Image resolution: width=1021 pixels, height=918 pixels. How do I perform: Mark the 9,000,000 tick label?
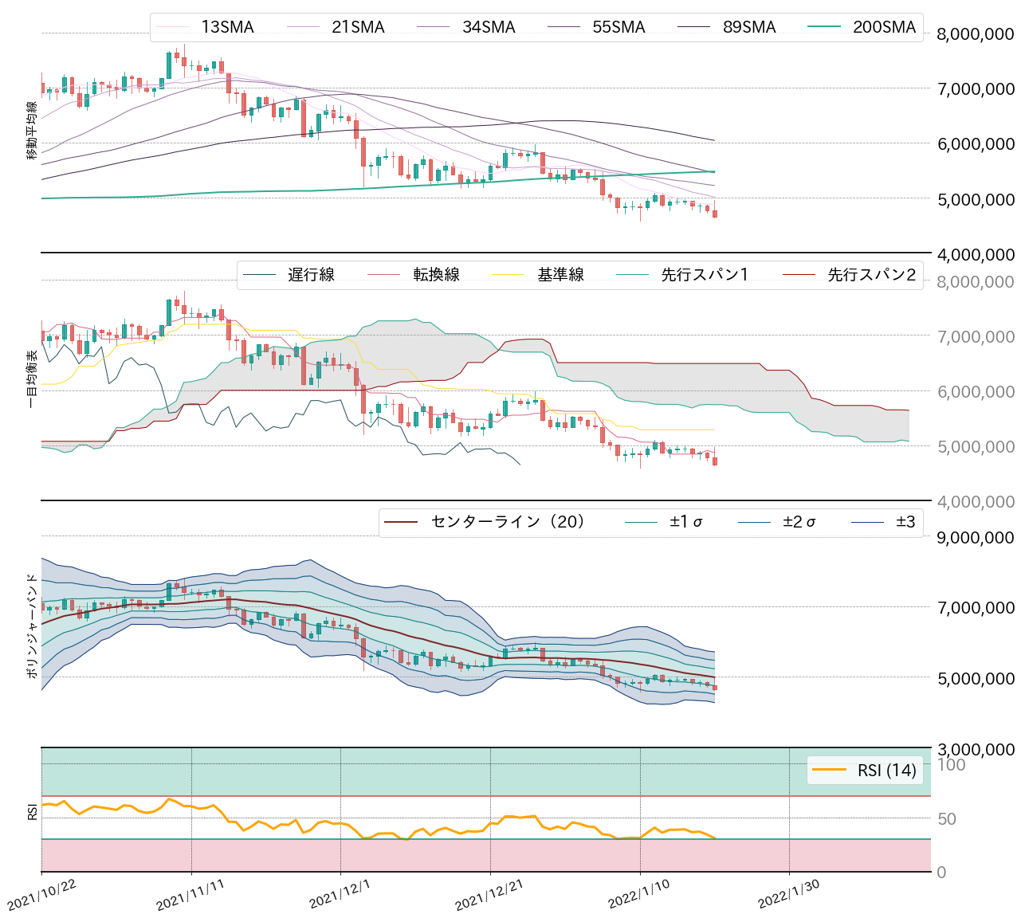tap(976, 538)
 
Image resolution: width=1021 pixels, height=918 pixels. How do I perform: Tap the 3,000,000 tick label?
tap(976, 750)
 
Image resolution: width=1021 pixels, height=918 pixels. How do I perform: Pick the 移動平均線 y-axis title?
tap(33, 131)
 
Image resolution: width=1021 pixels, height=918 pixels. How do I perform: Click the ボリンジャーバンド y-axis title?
tap(33, 626)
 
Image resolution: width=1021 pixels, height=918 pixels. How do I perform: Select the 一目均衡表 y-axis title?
tap(33, 379)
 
